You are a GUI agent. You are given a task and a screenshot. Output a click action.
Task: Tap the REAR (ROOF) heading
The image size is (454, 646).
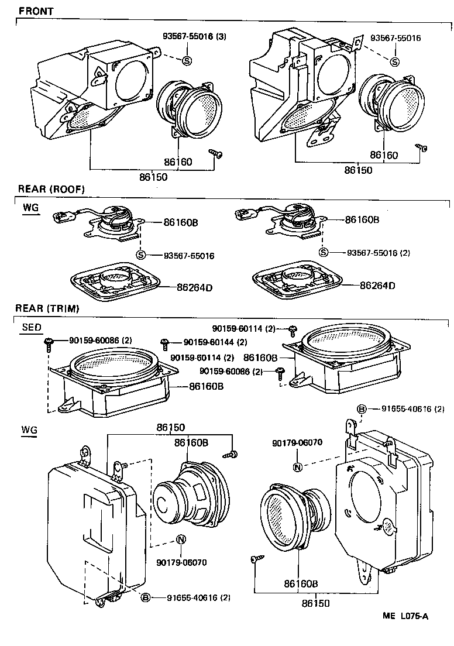tap(51, 189)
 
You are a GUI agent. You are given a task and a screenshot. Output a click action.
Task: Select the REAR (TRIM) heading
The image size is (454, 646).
tap(47, 308)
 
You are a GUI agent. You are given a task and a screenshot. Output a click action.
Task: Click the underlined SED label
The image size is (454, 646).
tap(32, 328)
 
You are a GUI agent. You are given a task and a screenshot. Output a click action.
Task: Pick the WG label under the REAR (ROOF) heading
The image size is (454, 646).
tap(30, 208)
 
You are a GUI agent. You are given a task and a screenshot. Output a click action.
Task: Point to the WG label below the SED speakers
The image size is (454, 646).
tap(29, 430)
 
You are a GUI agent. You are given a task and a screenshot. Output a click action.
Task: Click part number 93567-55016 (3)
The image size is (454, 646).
tap(194, 36)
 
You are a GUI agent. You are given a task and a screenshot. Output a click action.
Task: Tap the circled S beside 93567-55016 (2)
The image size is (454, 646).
tap(323, 252)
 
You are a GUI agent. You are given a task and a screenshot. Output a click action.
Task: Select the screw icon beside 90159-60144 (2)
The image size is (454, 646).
tap(166, 342)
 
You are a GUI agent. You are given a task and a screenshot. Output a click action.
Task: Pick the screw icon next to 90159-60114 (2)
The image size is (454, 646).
tap(293, 329)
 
